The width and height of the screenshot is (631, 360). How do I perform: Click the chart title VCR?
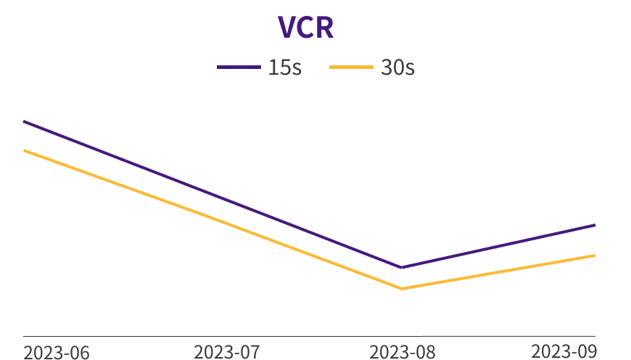click(x=305, y=28)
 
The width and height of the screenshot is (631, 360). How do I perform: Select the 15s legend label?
click(x=284, y=67)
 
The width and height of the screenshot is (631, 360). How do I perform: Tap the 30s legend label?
click(x=397, y=67)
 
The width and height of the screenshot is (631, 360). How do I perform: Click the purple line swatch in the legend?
click(x=239, y=67)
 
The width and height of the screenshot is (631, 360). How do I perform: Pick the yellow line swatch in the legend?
click(x=351, y=67)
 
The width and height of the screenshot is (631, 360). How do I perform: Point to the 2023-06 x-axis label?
click(x=57, y=352)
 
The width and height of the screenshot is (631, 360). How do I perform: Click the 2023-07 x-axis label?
click(x=226, y=352)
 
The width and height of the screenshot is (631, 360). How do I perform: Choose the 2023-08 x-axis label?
click(x=403, y=352)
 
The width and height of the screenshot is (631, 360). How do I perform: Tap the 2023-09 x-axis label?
click(x=564, y=351)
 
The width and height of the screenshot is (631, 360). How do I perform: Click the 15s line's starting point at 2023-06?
click(x=24, y=121)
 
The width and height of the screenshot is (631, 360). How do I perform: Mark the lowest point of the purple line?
click(x=402, y=268)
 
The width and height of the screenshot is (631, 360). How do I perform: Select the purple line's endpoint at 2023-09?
click(x=595, y=225)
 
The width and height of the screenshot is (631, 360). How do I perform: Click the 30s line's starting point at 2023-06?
click(x=24, y=150)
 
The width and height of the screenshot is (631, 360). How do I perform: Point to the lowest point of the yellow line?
click(x=402, y=289)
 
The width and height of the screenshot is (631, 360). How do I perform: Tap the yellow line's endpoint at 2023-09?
click(x=595, y=255)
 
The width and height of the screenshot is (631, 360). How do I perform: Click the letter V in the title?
click(x=287, y=28)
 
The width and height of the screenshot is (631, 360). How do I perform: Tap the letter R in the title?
click(x=324, y=28)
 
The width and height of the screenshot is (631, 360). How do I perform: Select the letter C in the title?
click(x=305, y=28)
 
